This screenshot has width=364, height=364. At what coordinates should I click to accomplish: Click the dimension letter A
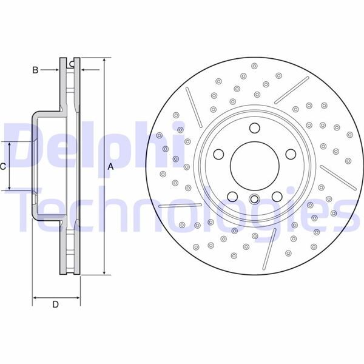(110, 166)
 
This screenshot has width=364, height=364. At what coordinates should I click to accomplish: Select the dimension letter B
(35, 70)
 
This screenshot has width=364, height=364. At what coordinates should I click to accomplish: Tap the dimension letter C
(3, 166)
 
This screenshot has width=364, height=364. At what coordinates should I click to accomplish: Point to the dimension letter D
(55, 305)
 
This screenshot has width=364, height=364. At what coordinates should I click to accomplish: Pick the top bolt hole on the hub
(254, 127)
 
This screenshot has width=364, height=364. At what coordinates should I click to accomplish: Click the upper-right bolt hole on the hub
(291, 154)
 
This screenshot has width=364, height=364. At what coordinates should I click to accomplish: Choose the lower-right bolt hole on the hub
(277, 197)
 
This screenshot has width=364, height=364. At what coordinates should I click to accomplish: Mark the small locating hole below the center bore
(254, 198)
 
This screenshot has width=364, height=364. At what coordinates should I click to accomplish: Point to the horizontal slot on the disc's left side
(180, 205)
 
